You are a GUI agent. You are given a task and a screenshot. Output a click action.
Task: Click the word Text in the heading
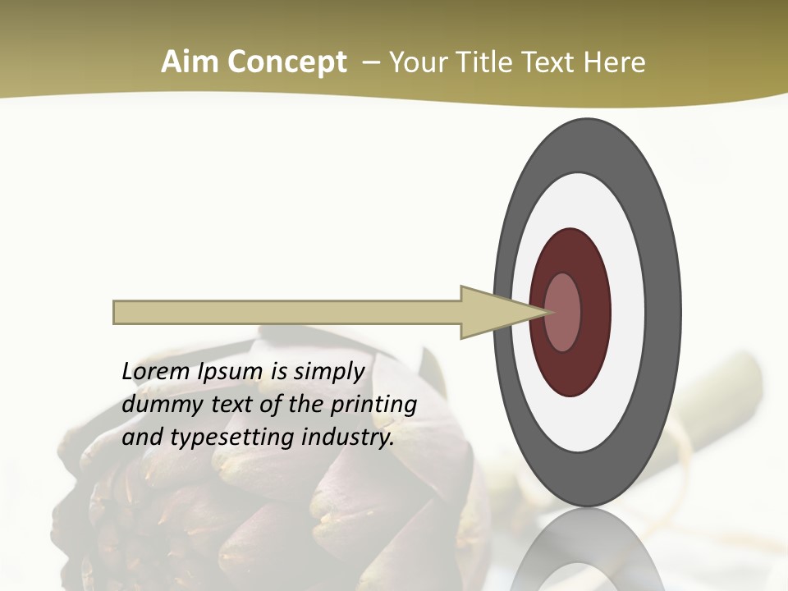click(x=552, y=62)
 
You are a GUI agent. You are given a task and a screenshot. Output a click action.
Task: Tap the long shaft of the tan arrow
click(x=287, y=312)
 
